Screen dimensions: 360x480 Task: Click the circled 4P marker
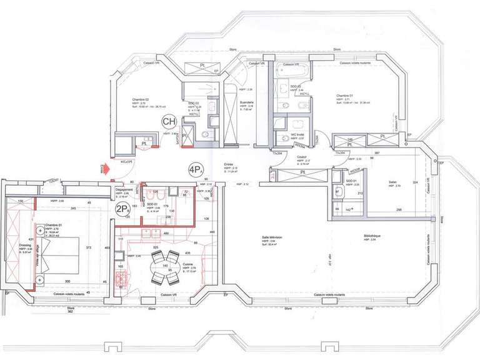click(x=196, y=169)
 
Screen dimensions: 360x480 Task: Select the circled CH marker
click(x=169, y=121)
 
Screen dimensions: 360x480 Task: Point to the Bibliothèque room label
click(x=372, y=236)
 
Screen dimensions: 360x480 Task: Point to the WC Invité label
click(x=297, y=134)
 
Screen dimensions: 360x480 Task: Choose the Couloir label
click(x=302, y=157)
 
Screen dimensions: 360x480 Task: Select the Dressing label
click(x=24, y=246)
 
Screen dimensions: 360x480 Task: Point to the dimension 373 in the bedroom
click(x=89, y=247)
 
